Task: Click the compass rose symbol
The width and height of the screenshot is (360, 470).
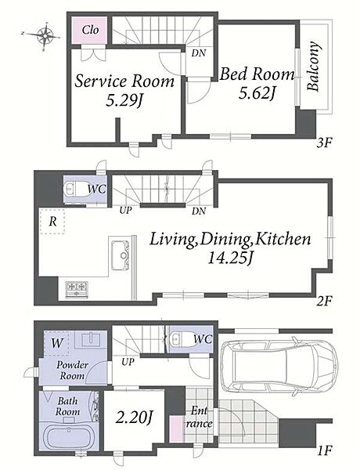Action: (45, 35)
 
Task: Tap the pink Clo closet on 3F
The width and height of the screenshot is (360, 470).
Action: (89, 30)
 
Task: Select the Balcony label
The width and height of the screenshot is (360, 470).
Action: (314, 67)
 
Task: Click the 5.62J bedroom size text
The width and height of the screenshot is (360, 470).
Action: (257, 93)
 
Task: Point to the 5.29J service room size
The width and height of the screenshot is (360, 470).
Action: (124, 101)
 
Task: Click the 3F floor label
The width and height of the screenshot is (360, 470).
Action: (324, 143)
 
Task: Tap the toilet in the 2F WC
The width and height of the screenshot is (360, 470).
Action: (77, 190)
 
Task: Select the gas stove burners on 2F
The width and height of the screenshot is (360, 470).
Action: (77, 290)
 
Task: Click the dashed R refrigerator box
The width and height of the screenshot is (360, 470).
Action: (52, 222)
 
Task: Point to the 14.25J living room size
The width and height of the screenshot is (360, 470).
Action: (230, 258)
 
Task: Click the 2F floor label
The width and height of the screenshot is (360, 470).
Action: (324, 301)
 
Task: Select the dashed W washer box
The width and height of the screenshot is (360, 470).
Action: (56, 343)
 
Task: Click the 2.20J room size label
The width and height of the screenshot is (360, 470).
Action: (135, 418)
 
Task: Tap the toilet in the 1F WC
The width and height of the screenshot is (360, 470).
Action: (178, 338)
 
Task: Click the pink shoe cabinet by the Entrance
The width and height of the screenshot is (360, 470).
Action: (176, 428)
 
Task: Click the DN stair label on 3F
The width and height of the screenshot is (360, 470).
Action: (199, 53)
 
